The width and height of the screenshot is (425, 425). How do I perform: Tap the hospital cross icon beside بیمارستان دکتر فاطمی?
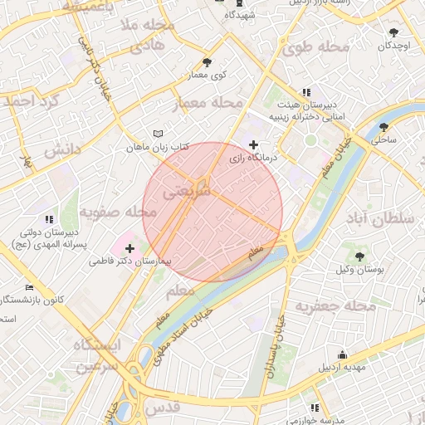click(130, 247)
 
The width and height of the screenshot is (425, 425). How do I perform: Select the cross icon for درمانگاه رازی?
click(253, 145)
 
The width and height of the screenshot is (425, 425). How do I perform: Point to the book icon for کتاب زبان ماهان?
click(159, 134)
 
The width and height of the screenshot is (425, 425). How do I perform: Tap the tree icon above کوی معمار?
click(207, 62)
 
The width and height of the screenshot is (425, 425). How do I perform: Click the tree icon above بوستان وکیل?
click(359, 256)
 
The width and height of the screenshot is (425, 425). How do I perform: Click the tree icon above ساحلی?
click(383, 127)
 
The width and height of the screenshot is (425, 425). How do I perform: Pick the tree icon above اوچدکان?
click(393, 32)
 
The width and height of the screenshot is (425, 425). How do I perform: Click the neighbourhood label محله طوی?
click(315, 47)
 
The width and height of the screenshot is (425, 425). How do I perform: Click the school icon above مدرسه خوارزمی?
click(314, 408)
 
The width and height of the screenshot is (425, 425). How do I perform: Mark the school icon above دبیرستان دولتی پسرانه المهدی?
click(50, 219)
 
